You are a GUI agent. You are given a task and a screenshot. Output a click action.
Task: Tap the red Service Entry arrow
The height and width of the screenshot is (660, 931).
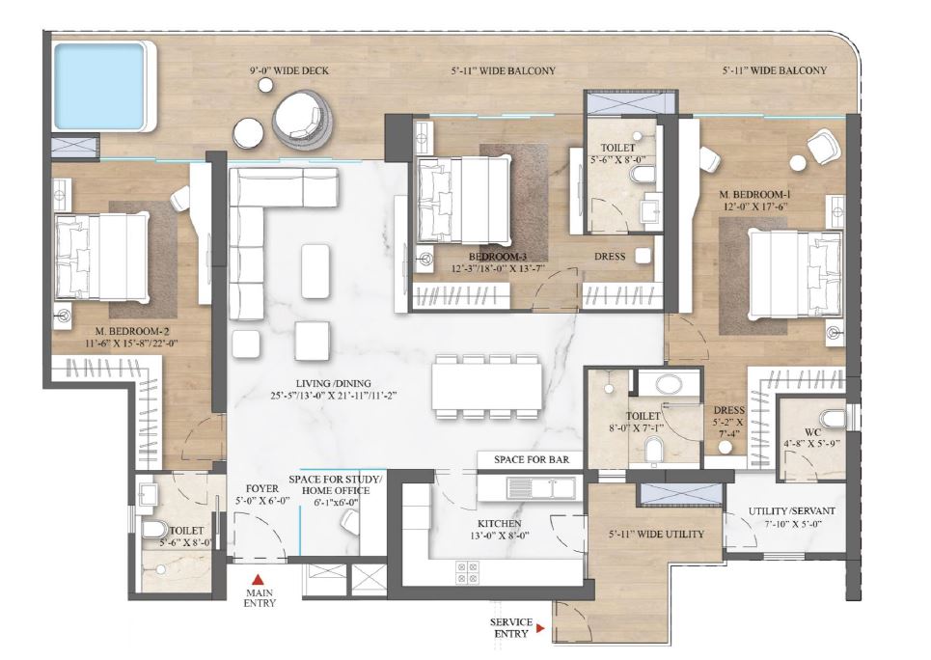click(541, 629)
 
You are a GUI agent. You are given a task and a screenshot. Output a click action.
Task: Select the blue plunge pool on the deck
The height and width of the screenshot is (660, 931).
click(103, 84)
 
